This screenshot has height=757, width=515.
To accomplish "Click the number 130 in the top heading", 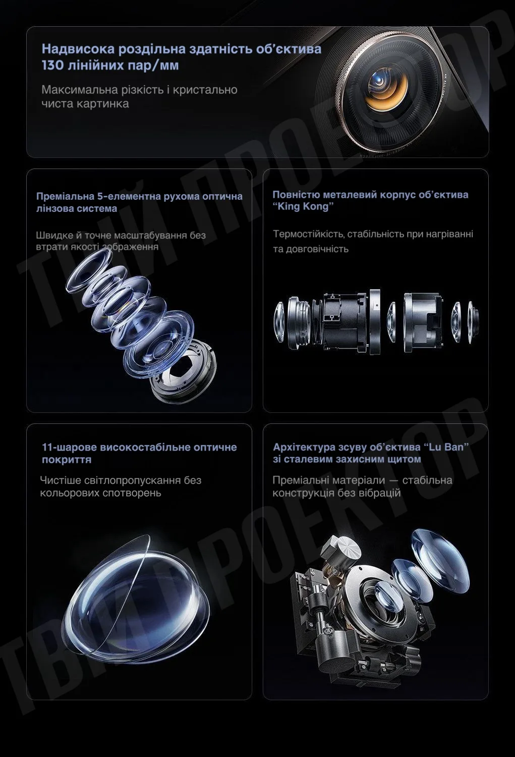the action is (x=52, y=65).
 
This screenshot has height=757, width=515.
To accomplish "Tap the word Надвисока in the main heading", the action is (x=78, y=49).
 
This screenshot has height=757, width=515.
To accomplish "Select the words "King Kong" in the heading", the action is (x=303, y=206).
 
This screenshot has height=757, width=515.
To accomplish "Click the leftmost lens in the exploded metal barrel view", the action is (x=279, y=321).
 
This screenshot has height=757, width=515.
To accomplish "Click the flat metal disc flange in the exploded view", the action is (x=375, y=322).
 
